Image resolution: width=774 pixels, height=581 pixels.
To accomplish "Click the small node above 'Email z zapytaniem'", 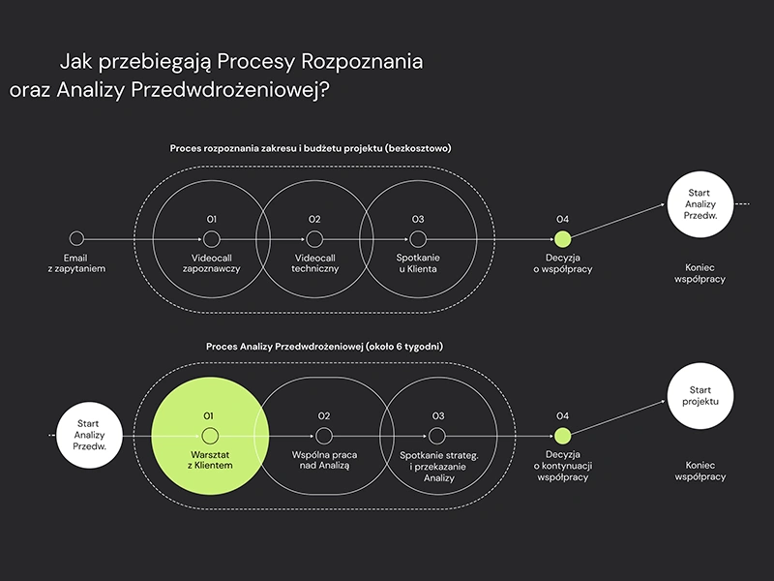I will pyautogui.click(x=77, y=238).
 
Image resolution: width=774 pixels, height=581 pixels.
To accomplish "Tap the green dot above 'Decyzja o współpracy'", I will pyautogui.click(x=562, y=238).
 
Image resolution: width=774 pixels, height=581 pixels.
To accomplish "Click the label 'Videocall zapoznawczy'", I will pyautogui.click(x=211, y=263).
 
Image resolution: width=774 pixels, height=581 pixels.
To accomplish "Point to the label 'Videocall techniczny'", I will pyautogui.click(x=314, y=263).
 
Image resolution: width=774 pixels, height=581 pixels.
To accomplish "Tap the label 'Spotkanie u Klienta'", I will pyautogui.click(x=417, y=263).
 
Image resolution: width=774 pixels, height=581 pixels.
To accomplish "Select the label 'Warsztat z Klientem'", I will pyautogui.click(x=209, y=460).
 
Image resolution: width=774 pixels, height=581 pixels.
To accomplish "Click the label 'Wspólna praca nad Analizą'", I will pyautogui.click(x=324, y=460).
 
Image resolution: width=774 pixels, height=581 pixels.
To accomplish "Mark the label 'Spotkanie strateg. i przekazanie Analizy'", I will pyautogui.click(x=438, y=466).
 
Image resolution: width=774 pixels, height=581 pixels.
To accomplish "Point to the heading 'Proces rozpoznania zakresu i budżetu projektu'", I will pyautogui.click(x=310, y=149).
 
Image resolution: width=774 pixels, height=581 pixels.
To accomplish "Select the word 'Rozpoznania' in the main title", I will pyautogui.click(x=363, y=62).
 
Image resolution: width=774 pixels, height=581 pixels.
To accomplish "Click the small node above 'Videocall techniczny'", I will pyautogui.click(x=314, y=238).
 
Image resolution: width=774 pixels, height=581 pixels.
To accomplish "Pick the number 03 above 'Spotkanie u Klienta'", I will pyautogui.click(x=417, y=220).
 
